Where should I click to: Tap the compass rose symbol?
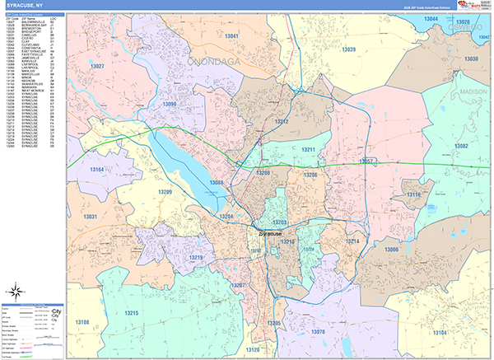[16, 290]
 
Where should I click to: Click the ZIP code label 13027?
[97, 65]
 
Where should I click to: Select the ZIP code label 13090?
[170, 105]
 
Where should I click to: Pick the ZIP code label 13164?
[96, 170]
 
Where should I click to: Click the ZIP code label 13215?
[131, 313]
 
